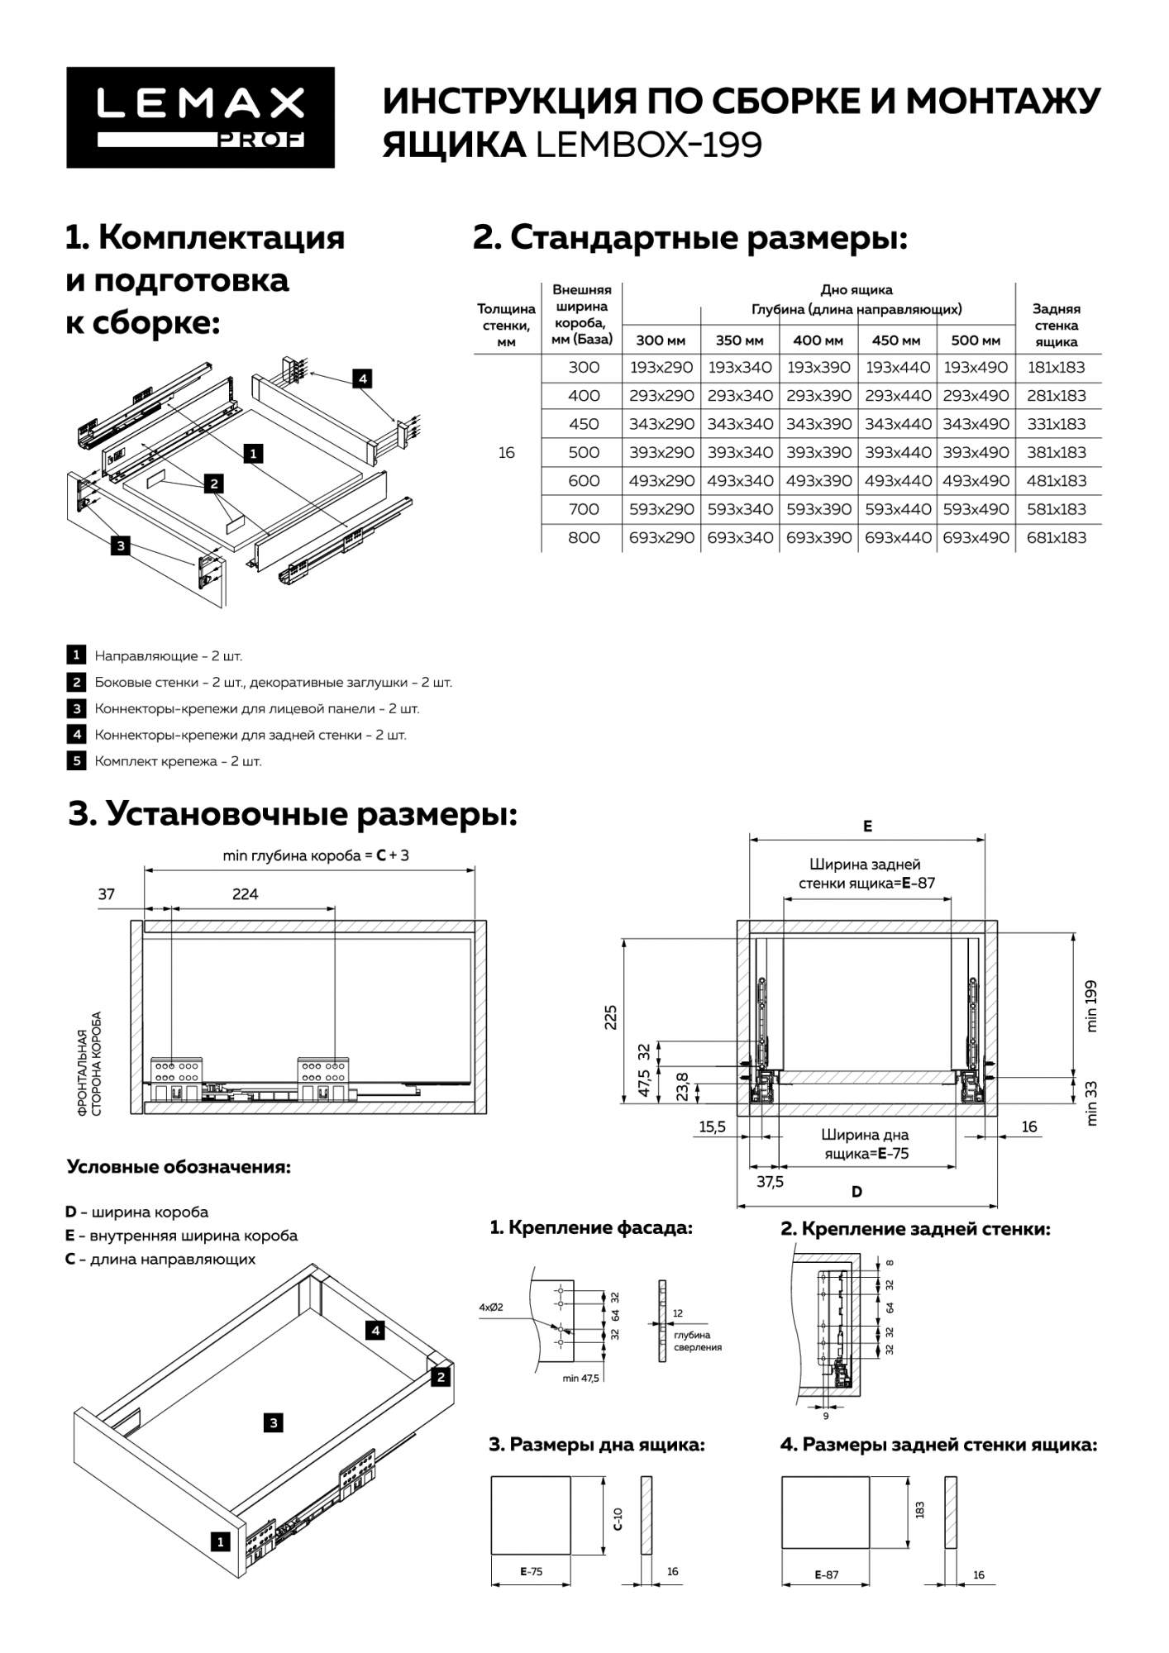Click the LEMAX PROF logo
pyautogui.click(x=201, y=117)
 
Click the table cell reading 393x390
pyautogui.click(x=818, y=452)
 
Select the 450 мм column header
pyautogui.click(x=896, y=341)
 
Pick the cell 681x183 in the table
pyautogui.click(x=1056, y=537)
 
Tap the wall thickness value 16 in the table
pyautogui.click(x=507, y=452)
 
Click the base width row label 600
pyautogui.click(x=584, y=480)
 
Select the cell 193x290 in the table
pyautogui.click(x=661, y=367)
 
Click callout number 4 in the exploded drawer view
pyautogui.click(x=361, y=379)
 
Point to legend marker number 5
pyautogui.click(x=76, y=760)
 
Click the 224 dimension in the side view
pyautogui.click(x=246, y=893)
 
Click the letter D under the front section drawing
pyautogui.click(x=857, y=1191)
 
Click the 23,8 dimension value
pyautogui.click(x=681, y=1084)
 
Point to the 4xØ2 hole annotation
pyautogui.click(x=491, y=1308)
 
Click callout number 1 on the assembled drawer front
pyautogui.click(x=220, y=1541)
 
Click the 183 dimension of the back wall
pyautogui.click(x=920, y=1509)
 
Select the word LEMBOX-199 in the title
pyautogui.click(x=649, y=145)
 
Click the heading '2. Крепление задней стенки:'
pyautogui.click(x=915, y=1228)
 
